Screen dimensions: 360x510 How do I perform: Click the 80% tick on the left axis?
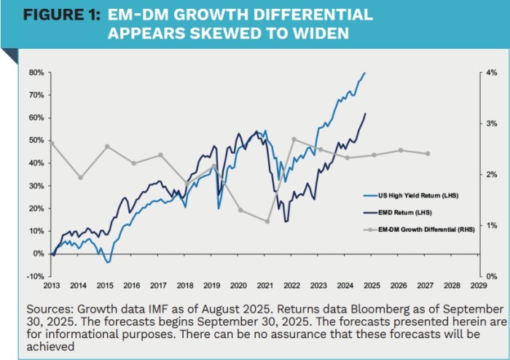(x=36, y=72)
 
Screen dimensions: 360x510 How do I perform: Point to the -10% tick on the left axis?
(x=35, y=276)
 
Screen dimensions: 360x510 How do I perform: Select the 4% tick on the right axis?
(x=491, y=72)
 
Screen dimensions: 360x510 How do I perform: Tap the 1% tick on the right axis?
(x=491, y=225)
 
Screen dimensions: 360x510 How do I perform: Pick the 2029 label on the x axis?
(x=478, y=286)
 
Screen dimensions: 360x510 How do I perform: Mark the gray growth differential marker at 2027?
(x=428, y=154)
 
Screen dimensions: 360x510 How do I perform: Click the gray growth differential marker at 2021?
(x=267, y=221)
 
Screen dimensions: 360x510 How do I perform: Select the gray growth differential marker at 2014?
(x=80, y=177)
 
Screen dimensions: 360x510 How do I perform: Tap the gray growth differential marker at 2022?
(x=294, y=138)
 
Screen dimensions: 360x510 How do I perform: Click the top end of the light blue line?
(x=365, y=72)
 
